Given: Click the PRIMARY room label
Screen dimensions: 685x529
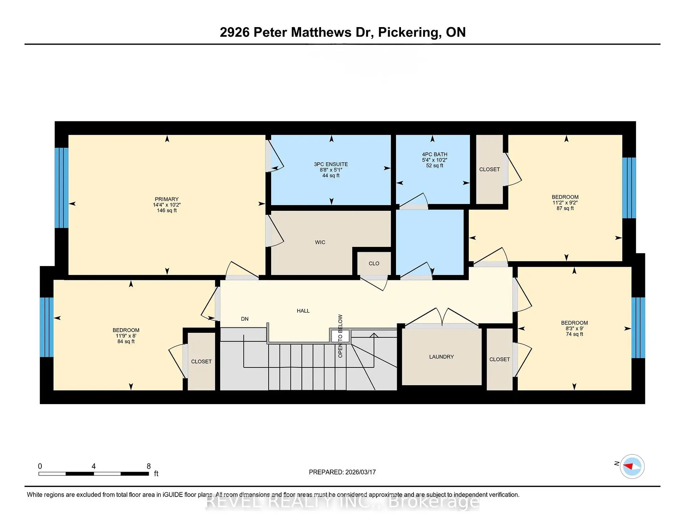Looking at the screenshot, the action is (x=167, y=199).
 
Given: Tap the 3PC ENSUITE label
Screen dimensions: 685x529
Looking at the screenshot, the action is (x=331, y=164).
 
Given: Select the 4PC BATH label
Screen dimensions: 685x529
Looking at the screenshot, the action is (x=435, y=154).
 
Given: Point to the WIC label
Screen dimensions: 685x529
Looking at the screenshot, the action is (x=320, y=242).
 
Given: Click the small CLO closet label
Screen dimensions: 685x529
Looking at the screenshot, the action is (x=374, y=263).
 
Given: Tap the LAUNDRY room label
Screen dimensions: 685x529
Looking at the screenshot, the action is (x=441, y=357).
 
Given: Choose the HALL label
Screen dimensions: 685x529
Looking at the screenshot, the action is (x=303, y=311).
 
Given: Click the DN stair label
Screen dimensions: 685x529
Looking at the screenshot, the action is (x=245, y=319).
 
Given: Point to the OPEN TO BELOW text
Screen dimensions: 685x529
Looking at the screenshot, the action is (x=340, y=336).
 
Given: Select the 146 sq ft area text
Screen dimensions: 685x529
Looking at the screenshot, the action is (x=167, y=210).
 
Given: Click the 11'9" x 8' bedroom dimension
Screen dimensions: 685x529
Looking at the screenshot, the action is (x=126, y=336).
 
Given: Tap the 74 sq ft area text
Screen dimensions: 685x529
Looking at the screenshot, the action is (x=574, y=334).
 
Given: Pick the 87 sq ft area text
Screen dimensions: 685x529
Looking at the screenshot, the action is (x=565, y=208).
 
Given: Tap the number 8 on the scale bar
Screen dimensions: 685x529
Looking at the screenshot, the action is (x=149, y=466).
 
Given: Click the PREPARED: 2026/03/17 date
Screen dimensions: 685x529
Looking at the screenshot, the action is (x=342, y=472).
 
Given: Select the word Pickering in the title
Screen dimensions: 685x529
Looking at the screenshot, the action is (x=408, y=32).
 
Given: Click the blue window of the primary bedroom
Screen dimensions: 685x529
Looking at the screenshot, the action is (x=61, y=188).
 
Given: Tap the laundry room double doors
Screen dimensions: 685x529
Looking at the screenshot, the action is (x=442, y=317).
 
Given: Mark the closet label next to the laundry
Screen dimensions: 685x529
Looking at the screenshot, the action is (x=499, y=359).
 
